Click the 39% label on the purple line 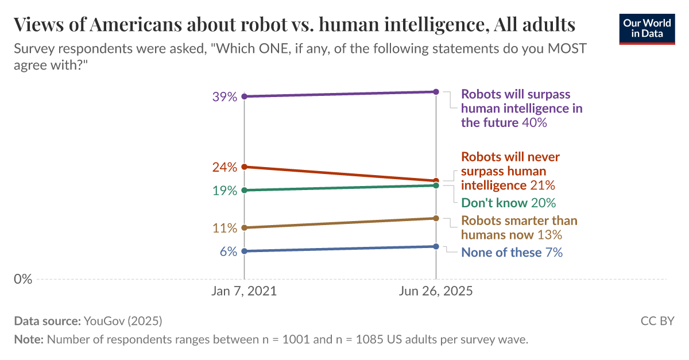(x=224, y=97)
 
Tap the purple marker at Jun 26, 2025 (x=436, y=92)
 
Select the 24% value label (x=224, y=168)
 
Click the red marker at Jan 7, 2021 (x=244, y=167)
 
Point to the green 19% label (x=224, y=191)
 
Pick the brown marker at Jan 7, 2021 (x=244, y=228)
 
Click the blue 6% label (x=228, y=251)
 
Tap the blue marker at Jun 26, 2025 (x=436, y=246)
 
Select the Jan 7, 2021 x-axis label (x=244, y=291)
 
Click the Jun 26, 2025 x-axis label (x=436, y=291)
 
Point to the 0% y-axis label (x=23, y=280)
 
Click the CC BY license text (x=657, y=321)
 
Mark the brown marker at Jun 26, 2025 (x=436, y=218)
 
